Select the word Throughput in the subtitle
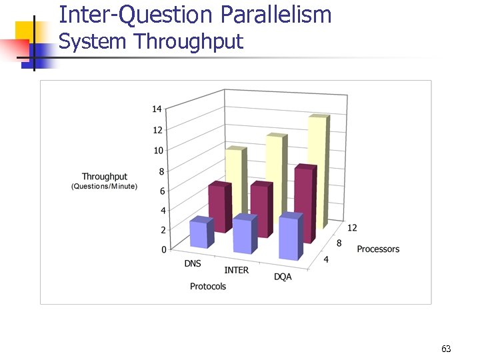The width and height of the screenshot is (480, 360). point(188,42)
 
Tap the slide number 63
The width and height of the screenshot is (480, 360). point(446,349)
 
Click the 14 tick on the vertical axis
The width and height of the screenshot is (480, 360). point(157,109)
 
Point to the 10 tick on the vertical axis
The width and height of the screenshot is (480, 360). point(158,151)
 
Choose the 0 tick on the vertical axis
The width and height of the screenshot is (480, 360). point(163,250)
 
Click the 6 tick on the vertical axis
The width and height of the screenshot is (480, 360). point(162,191)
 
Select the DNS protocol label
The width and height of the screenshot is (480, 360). point(193,263)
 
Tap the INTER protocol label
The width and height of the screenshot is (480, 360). point(236,270)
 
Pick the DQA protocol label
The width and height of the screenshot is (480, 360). point(283,277)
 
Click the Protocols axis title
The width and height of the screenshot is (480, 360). point(207,287)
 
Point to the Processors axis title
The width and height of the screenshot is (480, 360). point(378,249)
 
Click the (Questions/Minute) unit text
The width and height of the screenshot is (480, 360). point(104,186)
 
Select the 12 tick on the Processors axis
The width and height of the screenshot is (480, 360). point(352,228)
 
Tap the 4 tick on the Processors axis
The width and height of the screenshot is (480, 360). point(325,259)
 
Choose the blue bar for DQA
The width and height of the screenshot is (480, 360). point(289,239)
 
